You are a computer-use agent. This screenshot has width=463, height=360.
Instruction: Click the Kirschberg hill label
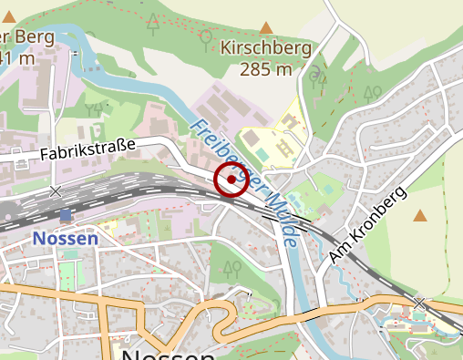point(267,48)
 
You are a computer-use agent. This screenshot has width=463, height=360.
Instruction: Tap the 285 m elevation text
point(266,69)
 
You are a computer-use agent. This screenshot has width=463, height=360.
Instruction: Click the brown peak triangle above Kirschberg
point(266,28)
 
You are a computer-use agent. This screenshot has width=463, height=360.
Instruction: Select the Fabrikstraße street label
point(87,150)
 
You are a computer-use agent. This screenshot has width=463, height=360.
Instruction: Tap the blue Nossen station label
point(65,238)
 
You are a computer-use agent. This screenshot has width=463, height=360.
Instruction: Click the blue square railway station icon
point(65,215)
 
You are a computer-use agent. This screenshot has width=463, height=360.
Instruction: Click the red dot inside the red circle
point(231,180)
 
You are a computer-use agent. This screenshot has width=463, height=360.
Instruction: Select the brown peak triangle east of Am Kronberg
point(420,216)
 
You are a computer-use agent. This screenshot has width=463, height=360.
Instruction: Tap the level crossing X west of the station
point(57,191)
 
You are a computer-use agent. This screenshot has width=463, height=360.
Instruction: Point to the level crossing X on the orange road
point(418,302)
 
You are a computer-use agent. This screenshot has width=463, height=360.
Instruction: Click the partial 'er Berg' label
point(27,37)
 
